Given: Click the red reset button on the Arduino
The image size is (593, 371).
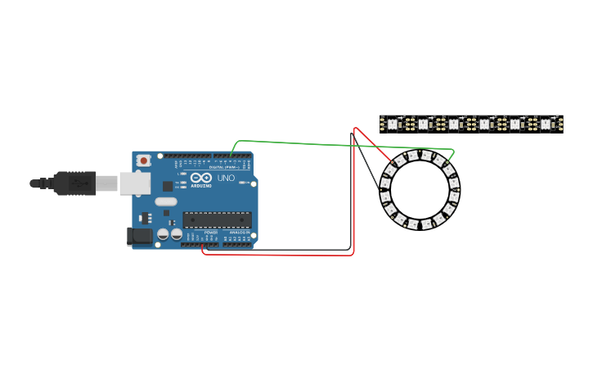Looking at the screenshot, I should pos(144,161).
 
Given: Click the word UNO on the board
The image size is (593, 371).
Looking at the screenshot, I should pos(226,178).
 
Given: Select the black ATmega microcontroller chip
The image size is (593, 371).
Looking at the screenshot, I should pos(217,219).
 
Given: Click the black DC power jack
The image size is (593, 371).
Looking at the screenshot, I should pos(140,237).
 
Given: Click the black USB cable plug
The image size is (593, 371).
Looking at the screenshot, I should pos(75,183).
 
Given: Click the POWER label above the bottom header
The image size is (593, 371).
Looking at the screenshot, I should pos(211,233).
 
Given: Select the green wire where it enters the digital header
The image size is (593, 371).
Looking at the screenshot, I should pos(231,155).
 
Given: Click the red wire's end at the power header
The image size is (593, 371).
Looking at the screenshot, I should pos(202,245).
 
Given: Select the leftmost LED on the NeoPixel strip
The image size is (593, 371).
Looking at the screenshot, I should pos(392,124).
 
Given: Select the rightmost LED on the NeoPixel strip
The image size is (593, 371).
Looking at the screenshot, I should pos(546,124).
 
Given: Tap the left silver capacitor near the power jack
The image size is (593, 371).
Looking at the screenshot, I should pos(163,234).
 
